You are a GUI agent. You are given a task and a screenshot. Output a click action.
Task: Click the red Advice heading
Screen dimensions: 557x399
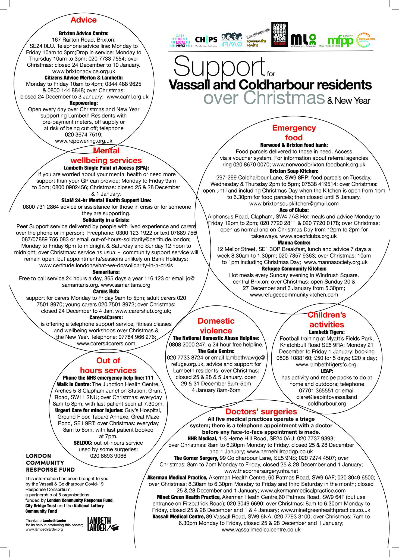pos(83,20)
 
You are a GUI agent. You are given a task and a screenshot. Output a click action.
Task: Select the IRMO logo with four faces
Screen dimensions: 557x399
pos(231,40)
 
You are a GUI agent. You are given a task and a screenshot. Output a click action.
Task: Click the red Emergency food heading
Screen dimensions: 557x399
pos(294,132)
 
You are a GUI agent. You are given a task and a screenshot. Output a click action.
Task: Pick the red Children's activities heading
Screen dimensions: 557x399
pos(326,320)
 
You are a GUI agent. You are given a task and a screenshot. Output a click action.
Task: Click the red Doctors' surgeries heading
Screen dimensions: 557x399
pos(261,411)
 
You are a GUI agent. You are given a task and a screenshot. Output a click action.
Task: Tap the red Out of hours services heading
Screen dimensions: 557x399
pos(108,365)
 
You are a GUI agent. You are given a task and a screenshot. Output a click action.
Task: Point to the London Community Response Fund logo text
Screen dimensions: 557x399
pos(50,462)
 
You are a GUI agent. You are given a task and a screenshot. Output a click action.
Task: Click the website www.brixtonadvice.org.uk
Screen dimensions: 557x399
pos(83,72)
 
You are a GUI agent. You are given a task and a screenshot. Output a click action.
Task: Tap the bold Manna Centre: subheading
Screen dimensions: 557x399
pos(294,242)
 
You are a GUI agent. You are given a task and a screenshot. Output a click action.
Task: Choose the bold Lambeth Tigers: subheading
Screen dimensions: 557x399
pos(327,332)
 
